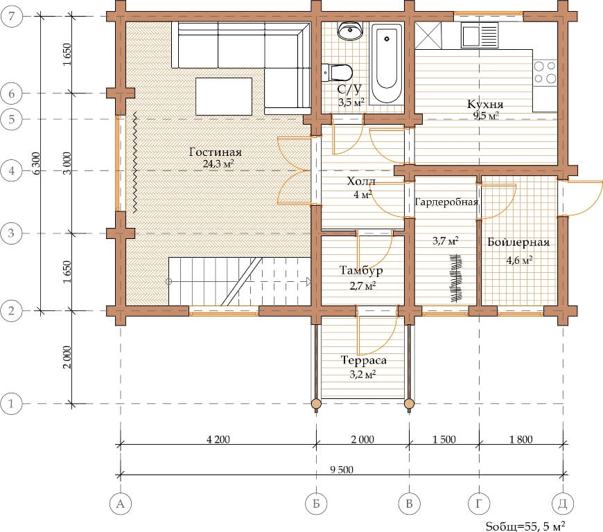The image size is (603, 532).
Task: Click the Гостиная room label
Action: pyautogui.click(x=216, y=152)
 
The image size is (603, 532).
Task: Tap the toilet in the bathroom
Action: pyautogui.click(x=337, y=72)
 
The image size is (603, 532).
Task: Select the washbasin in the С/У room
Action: pyautogui.click(x=350, y=30)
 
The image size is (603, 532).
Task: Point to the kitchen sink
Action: pyautogui.click(x=480, y=35)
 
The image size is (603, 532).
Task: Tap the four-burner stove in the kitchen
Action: pyautogui.click(x=545, y=72)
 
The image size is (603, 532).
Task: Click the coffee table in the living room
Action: pyautogui.click(x=224, y=96)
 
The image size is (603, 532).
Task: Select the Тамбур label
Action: pyautogui.click(x=360, y=271)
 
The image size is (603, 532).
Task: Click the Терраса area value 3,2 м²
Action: pyautogui.click(x=362, y=374)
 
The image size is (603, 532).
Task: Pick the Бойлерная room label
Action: pyautogui.click(x=518, y=242)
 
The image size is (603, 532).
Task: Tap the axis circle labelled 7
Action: pyautogui.click(x=12, y=16)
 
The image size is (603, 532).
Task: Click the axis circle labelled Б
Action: pyautogui.click(x=316, y=504)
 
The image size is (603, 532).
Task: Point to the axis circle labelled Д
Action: pyautogui.click(x=563, y=504)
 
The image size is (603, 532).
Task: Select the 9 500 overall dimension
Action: pyautogui.click(x=342, y=470)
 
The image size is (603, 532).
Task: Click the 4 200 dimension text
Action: pyautogui.click(x=218, y=439)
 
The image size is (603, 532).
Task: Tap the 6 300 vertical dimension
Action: pyautogui.click(x=36, y=163)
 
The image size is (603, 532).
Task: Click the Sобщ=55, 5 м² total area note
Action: pyautogui.click(x=525, y=526)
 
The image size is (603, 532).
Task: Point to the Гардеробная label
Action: pyautogui.click(x=446, y=202)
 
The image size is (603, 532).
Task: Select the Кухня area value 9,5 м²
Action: pyautogui.click(x=486, y=115)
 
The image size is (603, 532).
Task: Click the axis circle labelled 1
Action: pyautogui.click(x=11, y=404)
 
